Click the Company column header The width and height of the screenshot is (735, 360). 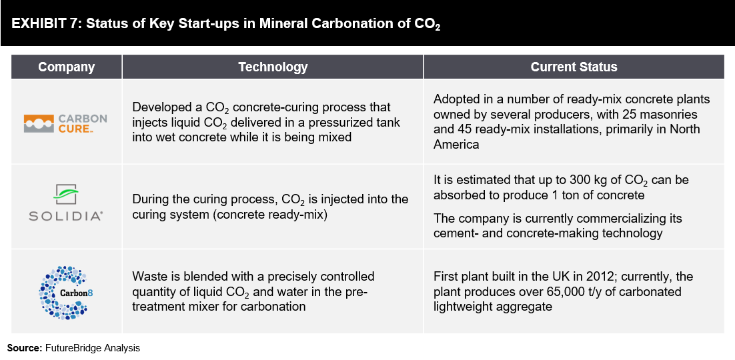click(x=67, y=67)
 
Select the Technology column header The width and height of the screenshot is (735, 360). click(x=273, y=67)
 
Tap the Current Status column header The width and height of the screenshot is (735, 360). click(x=574, y=67)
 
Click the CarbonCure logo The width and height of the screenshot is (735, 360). click(x=65, y=123)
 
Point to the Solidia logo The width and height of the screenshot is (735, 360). click(x=65, y=202)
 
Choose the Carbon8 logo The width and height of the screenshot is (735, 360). click(x=65, y=293)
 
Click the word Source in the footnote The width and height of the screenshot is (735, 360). click(x=25, y=348)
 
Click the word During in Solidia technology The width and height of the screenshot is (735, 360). click(x=150, y=199)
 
